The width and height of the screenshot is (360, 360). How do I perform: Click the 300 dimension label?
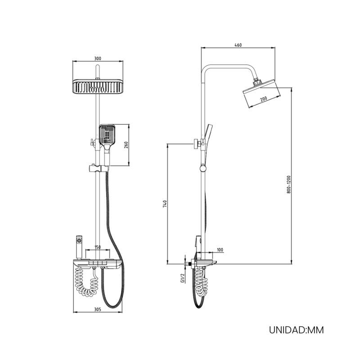[98, 58]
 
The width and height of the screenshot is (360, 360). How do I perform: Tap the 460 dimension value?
[238, 45]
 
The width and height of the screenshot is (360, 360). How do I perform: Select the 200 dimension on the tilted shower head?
[264, 99]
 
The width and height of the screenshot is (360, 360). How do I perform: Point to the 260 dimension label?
[126, 145]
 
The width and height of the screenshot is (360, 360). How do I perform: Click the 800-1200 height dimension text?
[289, 184]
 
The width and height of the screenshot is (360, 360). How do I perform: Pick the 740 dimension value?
[165, 204]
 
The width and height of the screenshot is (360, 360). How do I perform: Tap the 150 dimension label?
[98, 247]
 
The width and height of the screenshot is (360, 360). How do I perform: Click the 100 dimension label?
[220, 250]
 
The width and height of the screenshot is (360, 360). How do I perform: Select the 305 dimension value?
[98, 310]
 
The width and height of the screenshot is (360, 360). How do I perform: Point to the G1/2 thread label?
[183, 278]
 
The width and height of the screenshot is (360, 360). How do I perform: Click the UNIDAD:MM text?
[297, 330]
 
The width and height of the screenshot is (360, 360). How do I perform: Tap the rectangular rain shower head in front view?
[98, 86]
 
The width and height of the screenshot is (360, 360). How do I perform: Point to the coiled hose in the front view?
[87, 283]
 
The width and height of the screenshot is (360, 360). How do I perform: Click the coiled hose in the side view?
[201, 282]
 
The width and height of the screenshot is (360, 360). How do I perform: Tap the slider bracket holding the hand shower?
[98, 168]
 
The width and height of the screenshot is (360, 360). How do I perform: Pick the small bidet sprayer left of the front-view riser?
[79, 247]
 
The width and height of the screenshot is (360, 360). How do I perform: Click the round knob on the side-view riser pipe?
[203, 169]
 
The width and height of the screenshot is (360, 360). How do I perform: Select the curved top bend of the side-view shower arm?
[206, 68]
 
